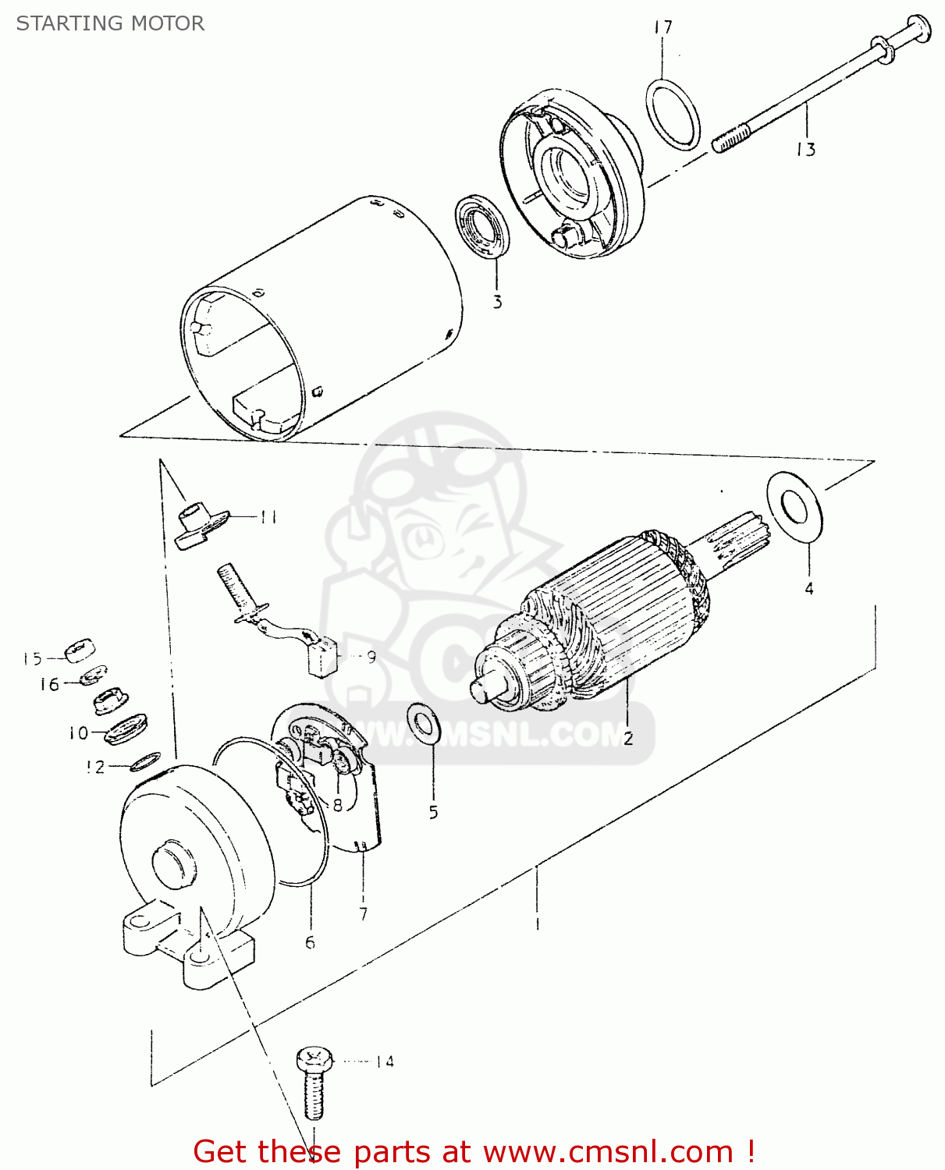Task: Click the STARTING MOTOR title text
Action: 110,23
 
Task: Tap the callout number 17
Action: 663,28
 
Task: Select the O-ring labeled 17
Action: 673,114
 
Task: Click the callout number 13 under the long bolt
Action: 805,149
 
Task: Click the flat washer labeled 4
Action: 794,507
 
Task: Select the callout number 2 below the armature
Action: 627,738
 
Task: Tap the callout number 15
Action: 32,659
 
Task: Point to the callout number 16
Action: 49,684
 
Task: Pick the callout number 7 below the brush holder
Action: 363,913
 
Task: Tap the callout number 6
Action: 310,942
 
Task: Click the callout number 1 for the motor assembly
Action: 538,924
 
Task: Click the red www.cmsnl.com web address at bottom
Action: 608,1151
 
